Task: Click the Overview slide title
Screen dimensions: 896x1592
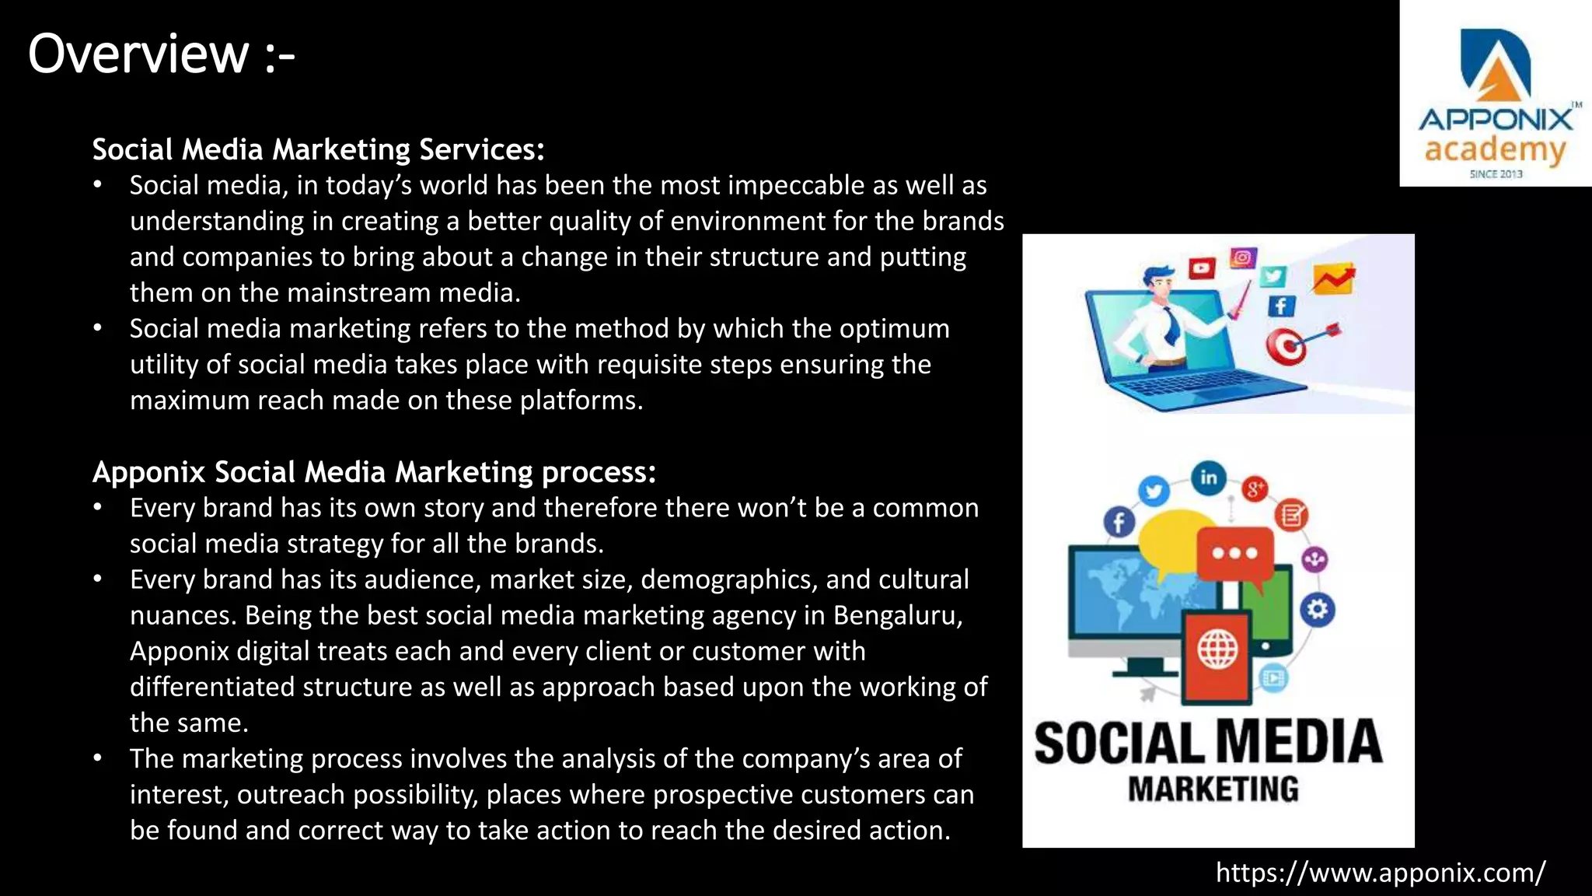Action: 161,54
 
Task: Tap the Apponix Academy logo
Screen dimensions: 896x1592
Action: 1496,101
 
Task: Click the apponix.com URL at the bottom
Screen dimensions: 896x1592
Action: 1381,873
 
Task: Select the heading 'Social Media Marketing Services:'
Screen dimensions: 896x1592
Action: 318,149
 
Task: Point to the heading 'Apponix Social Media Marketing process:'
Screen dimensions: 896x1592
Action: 374,472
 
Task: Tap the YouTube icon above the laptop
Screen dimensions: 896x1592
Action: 1202,269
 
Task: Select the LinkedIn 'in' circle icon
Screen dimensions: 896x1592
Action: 1208,477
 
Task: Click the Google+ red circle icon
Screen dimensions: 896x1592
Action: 1254,489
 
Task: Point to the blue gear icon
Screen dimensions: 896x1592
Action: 1317,609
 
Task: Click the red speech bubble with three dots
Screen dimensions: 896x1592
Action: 1234,554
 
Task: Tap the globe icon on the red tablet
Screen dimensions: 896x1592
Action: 1217,649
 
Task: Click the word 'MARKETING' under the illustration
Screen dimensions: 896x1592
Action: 1213,789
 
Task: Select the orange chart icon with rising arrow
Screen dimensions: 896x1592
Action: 1333,279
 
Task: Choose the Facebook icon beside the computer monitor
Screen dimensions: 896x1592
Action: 1119,522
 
